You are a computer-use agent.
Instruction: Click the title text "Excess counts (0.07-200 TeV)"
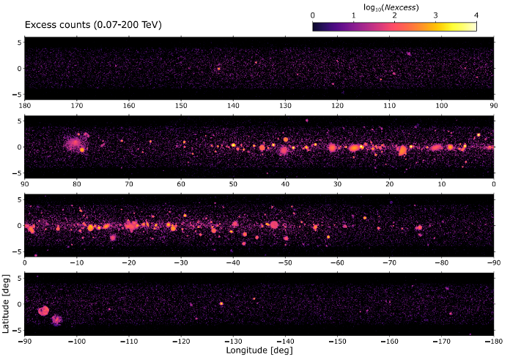93,25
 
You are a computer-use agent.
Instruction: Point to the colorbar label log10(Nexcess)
391,7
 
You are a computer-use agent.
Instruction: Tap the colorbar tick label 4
476,15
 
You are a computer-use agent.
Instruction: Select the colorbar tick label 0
313,15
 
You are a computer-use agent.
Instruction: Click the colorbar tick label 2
394,15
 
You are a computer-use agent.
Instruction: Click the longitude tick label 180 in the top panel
25,106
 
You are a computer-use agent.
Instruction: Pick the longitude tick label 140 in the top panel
233,106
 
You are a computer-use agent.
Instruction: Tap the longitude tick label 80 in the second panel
77,184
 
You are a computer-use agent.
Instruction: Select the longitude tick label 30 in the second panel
337,184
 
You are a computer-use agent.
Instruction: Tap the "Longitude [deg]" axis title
259,350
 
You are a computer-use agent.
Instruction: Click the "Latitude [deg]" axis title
6,304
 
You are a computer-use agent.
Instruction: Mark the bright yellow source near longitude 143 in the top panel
218,69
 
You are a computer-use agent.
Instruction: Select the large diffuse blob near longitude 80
73,143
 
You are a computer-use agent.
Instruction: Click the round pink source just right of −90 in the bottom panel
43,311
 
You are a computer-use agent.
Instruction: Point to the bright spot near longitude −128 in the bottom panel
221,304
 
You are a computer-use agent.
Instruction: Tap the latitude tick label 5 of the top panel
19,43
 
